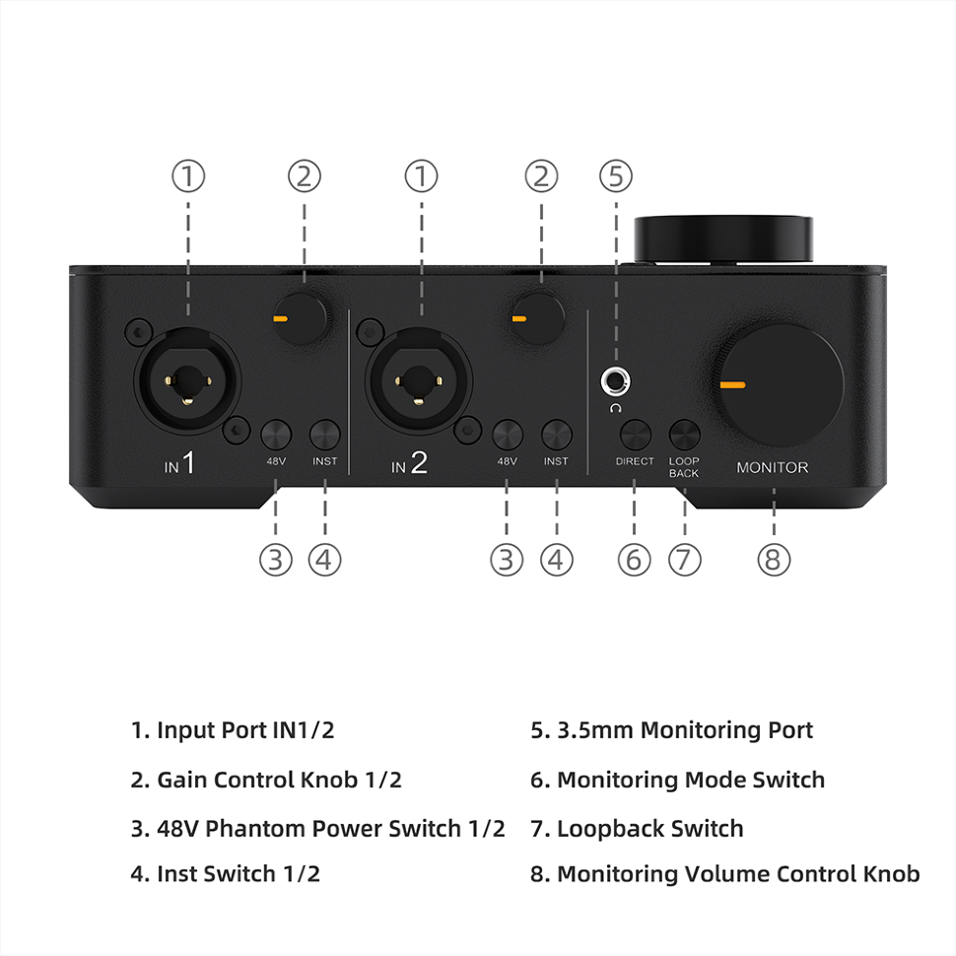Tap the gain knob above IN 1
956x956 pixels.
click(x=301, y=318)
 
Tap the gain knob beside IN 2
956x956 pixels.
click(x=537, y=317)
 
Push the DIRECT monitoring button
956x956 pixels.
click(x=635, y=434)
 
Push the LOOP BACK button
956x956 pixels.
click(x=684, y=434)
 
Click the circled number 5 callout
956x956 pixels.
click(x=616, y=176)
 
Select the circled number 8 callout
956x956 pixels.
click(x=774, y=560)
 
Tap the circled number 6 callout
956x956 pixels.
click(x=634, y=560)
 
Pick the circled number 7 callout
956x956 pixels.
click(x=684, y=560)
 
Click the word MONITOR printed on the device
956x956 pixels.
click(x=772, y=467)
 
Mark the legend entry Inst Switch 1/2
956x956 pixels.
click(x=226, y=873)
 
